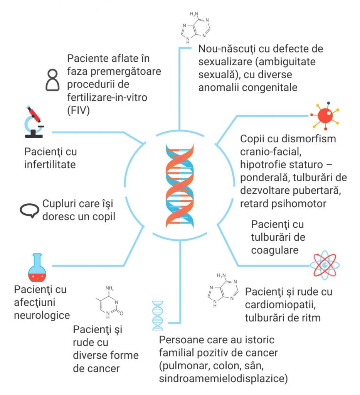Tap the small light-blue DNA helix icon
point(157,316)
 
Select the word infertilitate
point(50,165)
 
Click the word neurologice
point(42,315)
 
